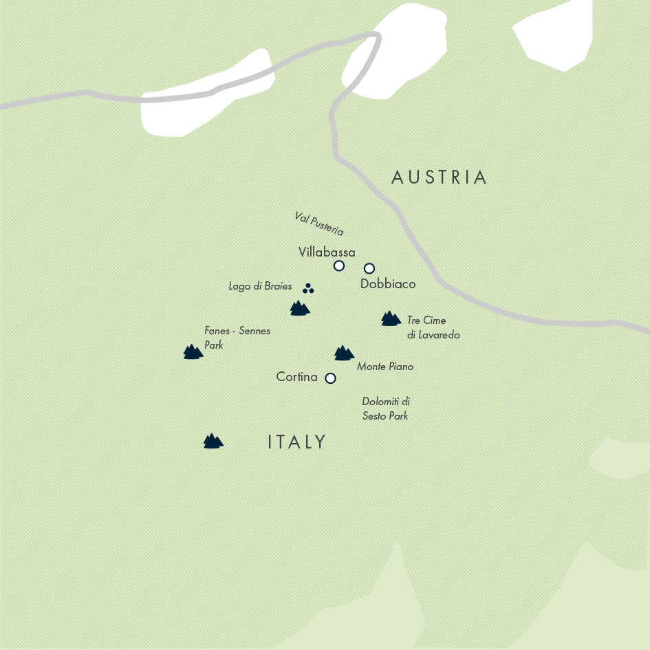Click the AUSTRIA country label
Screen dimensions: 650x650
tap(439, 177)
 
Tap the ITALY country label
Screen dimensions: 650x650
tap(296, 442)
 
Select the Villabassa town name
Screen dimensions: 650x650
tap(327, 252)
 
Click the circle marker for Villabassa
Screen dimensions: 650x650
tap(338, 266)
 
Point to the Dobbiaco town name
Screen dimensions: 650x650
tap(388, 283)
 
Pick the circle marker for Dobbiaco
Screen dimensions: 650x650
tap(369, 268)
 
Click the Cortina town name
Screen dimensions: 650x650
tap(296, 377)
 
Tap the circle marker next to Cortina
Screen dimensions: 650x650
tap(330, 378)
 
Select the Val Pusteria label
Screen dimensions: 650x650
tap(319, 224)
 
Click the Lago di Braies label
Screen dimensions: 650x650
tap(260, 286)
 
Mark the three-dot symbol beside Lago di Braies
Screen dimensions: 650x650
tap(308, 289)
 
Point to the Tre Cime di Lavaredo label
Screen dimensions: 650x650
tap(433, 327)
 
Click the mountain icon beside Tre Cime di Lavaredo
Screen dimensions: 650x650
tap(391, 318)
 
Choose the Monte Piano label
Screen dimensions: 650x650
tap(385, 367)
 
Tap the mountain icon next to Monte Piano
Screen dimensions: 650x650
tap(344, 353)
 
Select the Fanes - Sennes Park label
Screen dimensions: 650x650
tap(237, 338)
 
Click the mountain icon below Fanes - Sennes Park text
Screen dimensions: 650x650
tap(193, 352)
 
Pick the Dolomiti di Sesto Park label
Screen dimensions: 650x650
tap(386, 409)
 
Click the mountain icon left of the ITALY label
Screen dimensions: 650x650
tap(213, 441)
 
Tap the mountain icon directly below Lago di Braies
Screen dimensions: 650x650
tap(299, 308)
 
